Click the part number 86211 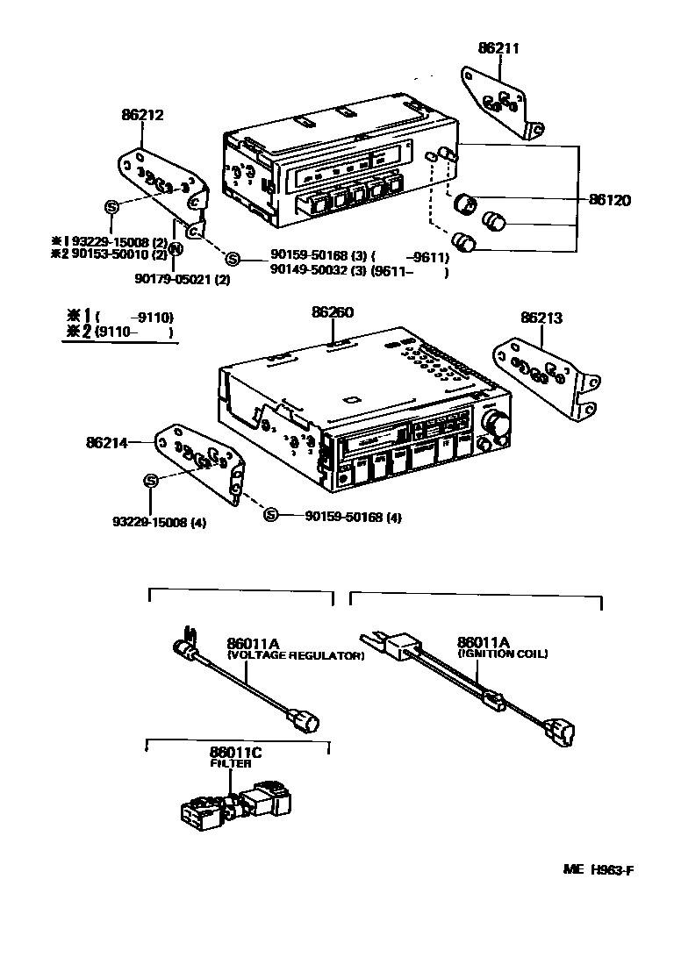[498, 49]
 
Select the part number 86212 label [142, 115]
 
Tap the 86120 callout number [609, 201]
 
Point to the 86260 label [333, 311]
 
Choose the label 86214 [107, 444]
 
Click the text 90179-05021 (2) [183, 279]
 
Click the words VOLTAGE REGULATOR [295, 655]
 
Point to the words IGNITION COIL [503, 654]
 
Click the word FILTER [230, 764]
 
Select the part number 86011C [235, 753]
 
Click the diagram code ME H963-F [598, 870]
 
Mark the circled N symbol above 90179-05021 [175, 249]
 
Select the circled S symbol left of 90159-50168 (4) [271, 516]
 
